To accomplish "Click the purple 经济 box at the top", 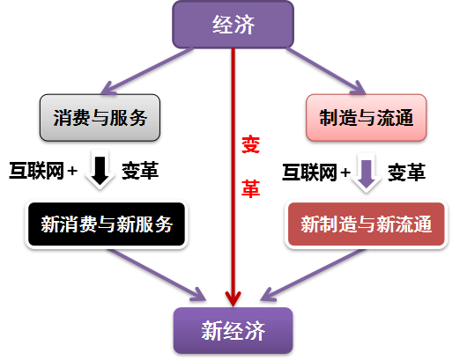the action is [x=233, y=25].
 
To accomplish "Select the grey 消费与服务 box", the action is [x=100, y=118].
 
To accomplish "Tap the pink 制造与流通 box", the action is [x=366, y=118].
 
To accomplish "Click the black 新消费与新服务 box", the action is [x=107, y=224].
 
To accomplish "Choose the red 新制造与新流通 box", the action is [x=366, y=224].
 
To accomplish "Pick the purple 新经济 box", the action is [x=233, y=330].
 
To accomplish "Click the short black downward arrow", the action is [x=100, y=171].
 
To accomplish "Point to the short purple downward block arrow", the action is [x=367, y=173].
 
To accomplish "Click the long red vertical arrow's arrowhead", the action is [x=233, y=298].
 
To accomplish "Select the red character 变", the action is [x=250, y=144].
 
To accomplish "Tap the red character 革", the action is [x=250, y=188].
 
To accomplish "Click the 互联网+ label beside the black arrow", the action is [x=43, y=171].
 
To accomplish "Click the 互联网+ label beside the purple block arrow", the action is [x=316, y=173].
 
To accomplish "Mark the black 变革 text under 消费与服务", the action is [x=140, y=171].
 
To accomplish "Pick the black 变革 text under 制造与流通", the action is [x=406, y=173].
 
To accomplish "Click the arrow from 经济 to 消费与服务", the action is [x=147, y=71].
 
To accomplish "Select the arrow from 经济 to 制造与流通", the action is [x=326, y=71].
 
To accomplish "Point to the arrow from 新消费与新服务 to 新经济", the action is [x=157, y=275].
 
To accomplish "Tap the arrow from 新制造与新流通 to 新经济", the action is [x=313, y=275].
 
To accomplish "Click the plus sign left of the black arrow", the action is [x=72, y=171].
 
